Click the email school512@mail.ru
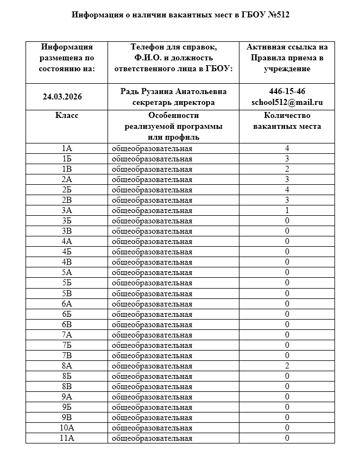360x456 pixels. click(287, 102)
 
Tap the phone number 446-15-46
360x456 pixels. click(287, 91)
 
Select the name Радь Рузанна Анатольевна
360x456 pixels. click(174, 91)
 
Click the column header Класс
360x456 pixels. click(67, 116)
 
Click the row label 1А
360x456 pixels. click(67, 148)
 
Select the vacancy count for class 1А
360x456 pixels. click(287, 148)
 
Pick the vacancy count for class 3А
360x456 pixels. click(287, 210)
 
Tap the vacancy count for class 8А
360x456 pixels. click(287, 366)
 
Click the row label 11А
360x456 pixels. click(67, 438)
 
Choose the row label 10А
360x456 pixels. click(67, 428)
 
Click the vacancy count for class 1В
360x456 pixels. click(287, 169)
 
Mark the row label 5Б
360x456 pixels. click(67, 283)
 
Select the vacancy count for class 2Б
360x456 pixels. click(287, 190)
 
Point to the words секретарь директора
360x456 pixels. click(174, 102)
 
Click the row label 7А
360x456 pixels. click(67, 335)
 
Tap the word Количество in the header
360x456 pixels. click(287, 116)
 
